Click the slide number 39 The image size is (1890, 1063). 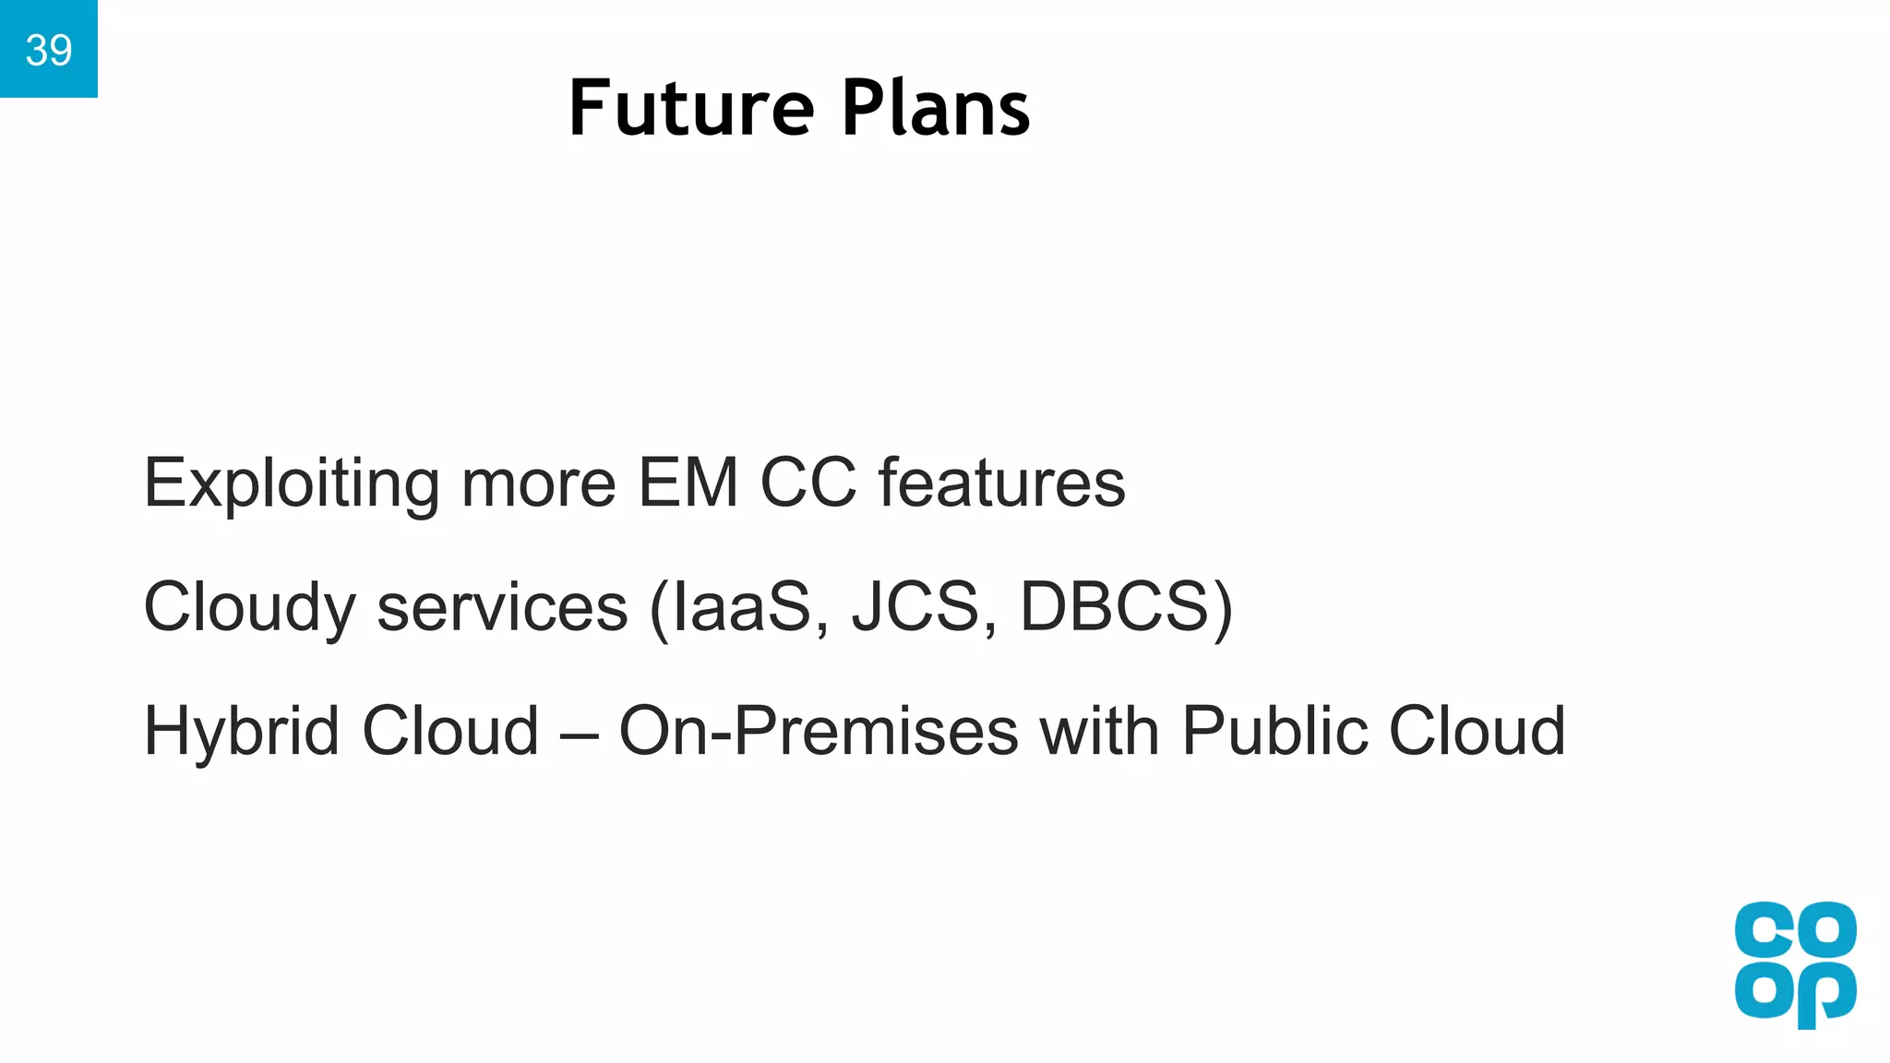coord(48,50)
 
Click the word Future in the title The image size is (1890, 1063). coord(691,109)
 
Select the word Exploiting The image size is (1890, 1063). coord(292,484)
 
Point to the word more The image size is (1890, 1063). coord(538,484)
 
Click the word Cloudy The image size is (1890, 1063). coord(249,608)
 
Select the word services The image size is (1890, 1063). coord(502,608)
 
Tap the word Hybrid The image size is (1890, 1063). coord(242,731)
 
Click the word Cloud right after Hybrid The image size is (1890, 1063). coord(450,731)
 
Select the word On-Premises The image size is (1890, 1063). coord(819,731)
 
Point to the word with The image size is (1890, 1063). coord(1099,731)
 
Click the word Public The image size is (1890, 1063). coord(1274,731)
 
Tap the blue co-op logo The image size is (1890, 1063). coord(1795,964)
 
